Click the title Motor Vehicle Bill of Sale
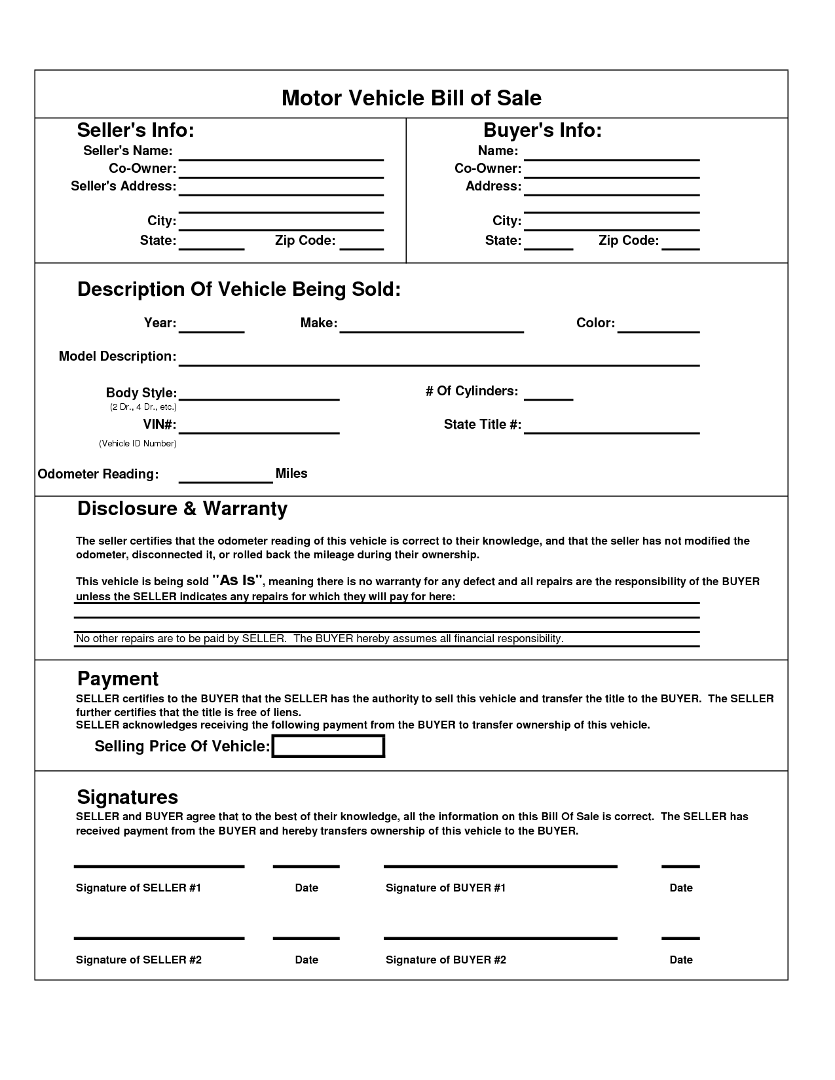[x=411, y=98]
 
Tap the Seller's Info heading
[x=136, y=130]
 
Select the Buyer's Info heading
[x=542, y=130]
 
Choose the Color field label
[x=595, y=323]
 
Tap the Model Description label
[x=117, y=356]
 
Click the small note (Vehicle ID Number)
[x=138, y=443]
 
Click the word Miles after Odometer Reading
[x=291, y=473]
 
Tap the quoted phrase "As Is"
[x=238, y=580]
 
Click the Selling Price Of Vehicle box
[x=328, y=746]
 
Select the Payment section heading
[x=118, y=678]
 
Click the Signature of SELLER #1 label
[x=138, y=888]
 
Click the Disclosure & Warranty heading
[x=182, y=509]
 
